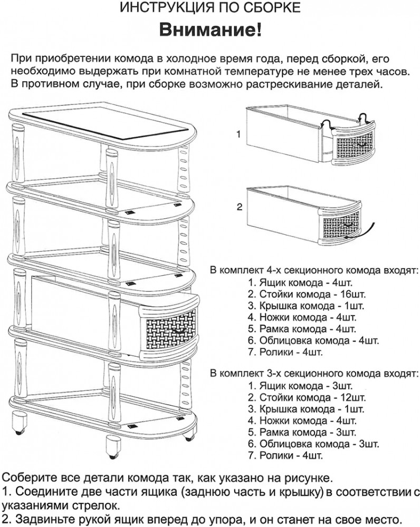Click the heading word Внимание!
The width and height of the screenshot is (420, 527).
click(x=210, y=30)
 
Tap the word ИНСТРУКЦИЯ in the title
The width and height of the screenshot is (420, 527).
click(x=162, y=7)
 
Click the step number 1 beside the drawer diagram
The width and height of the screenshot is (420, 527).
click(x=238, y=134)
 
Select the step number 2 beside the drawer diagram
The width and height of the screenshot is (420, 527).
click(x=239, y=207)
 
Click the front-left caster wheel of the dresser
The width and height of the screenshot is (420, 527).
click(x=113, y=447)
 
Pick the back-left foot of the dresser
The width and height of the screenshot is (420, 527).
click(x=19, y=422)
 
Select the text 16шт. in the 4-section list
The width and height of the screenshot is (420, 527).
click(x=353, y=295)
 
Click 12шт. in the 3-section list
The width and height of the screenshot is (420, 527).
click(x=353, y=397)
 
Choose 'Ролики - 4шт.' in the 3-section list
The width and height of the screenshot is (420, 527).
click(x=285, y=455)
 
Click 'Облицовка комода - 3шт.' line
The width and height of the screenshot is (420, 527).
click(x=313, y=444)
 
